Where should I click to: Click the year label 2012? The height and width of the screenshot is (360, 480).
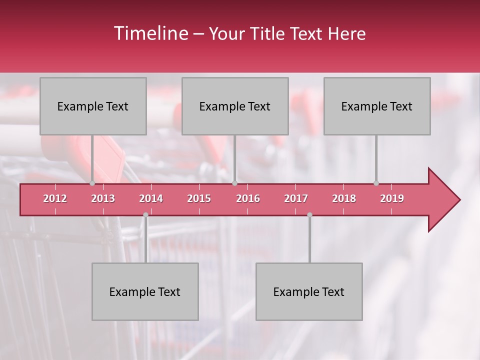pos(55,198)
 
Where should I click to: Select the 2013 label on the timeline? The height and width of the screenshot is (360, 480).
pos(103,198)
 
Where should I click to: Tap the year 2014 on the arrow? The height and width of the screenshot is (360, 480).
pos(151,198)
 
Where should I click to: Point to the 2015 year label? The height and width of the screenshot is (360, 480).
pos(199,198)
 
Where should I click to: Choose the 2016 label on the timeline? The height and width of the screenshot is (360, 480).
pos(248,198)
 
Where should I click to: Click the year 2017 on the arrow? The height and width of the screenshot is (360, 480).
pos(296,198)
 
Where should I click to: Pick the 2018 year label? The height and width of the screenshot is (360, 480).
pos(344,198)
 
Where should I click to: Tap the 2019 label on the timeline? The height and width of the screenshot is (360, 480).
pos(392,198)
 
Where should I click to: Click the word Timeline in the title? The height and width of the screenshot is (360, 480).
pos(150,33)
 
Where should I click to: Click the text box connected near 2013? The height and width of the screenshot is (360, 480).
pos(93,106)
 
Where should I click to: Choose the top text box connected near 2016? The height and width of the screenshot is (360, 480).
pos(235,106)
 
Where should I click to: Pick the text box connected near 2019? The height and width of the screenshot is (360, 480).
pos(377,106)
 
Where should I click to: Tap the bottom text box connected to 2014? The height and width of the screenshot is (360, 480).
pos(145,291)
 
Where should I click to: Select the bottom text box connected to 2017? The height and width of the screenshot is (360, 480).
pos(309,291)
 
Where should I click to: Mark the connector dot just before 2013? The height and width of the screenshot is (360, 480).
pos(92,183)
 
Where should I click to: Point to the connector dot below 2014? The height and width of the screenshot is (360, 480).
pos(145,214)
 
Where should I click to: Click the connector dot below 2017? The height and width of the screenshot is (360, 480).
pos(309,214)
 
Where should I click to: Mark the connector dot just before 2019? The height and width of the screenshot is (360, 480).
pos(376,183)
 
